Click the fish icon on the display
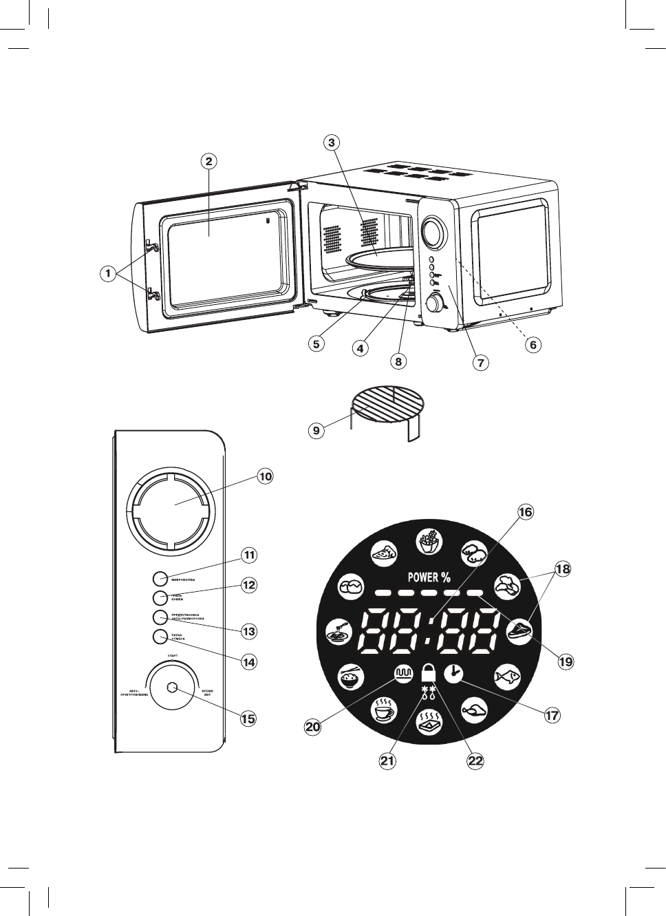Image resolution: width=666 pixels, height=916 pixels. (506, 676)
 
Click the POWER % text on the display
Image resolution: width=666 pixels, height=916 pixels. (429, 577)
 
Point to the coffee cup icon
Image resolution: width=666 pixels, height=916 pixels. (385, 709)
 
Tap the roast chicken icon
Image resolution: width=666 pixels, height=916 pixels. (473, 710)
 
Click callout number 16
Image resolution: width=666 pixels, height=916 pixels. (525, 512)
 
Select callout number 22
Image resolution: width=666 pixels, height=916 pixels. (475, 760)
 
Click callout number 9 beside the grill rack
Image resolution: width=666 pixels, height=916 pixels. (316, 431)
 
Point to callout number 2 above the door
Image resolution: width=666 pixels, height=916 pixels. (209, 161)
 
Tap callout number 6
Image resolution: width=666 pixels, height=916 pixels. (533, 345)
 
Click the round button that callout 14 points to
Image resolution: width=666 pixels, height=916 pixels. (160, 637)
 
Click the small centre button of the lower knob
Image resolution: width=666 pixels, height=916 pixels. (171, 688)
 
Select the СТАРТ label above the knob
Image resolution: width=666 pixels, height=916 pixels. (173, 657)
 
